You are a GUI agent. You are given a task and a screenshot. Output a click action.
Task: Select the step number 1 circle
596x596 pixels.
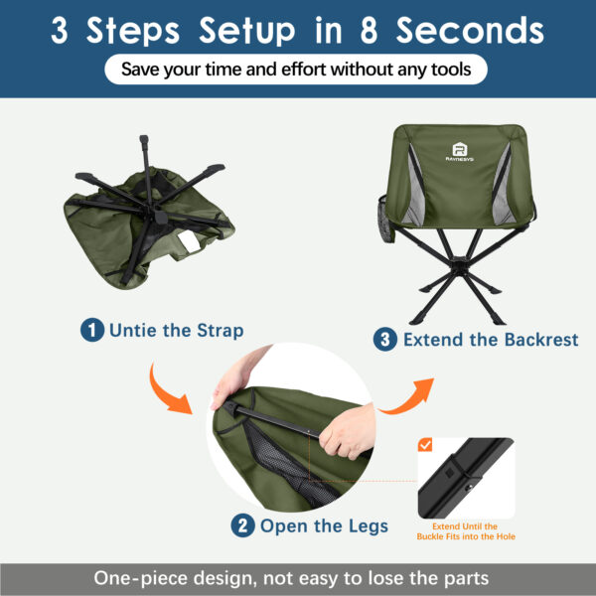point(91,330)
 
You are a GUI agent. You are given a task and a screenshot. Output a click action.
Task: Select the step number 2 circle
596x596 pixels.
point(242,525)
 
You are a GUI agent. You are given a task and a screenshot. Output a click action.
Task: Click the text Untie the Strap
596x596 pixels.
point(176,330)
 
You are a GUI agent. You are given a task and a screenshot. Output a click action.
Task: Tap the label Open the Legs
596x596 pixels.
point(324,525)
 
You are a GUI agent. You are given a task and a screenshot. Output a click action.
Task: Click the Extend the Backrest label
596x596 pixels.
point(490,340)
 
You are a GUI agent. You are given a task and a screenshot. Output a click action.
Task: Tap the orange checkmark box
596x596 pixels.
point(425,445)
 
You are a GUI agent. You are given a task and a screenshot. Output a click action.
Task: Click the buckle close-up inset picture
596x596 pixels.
point(465,476)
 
